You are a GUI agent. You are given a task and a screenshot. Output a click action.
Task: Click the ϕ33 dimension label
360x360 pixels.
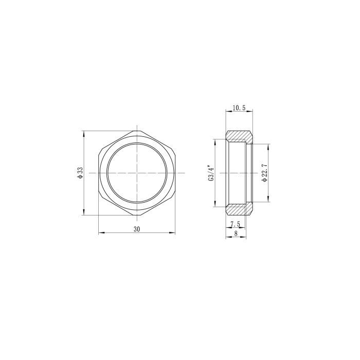80,173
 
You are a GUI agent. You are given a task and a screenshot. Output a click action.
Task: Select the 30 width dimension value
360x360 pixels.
137,229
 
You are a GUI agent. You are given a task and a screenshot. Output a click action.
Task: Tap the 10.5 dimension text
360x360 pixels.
239,107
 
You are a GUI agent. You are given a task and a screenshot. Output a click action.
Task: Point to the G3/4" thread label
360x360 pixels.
211,173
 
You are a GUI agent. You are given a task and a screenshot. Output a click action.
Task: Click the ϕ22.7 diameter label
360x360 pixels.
265,173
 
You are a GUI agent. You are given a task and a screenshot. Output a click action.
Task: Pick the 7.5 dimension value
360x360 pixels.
236,224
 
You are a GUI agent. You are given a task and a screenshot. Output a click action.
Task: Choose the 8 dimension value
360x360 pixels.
236,233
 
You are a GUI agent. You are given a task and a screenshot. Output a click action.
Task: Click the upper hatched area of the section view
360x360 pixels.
239,137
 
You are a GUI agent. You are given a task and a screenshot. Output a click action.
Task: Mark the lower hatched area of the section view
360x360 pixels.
239,209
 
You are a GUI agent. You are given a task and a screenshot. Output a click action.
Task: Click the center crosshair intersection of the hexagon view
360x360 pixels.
137,173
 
